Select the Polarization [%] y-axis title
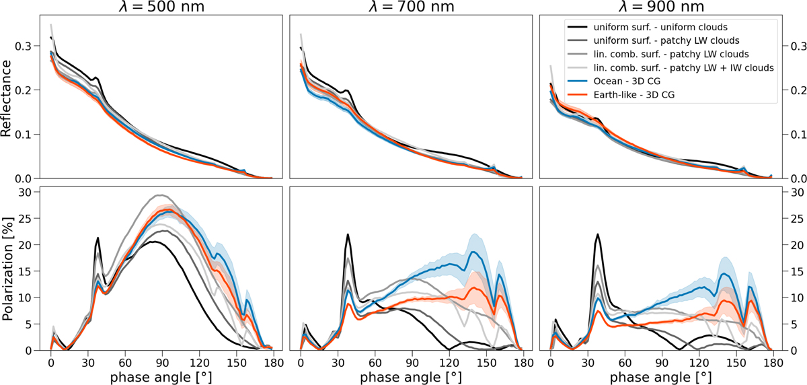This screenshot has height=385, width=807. pos(8,268)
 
